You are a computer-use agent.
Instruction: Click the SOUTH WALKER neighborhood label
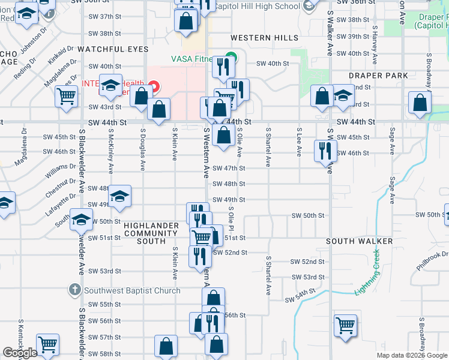point(359,241)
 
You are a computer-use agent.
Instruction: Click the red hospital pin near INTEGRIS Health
point(154,87)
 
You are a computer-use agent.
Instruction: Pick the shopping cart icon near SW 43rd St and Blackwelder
point(65,95)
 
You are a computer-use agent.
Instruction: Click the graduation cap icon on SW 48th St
point(119,196)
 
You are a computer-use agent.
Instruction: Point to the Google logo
point(20,353)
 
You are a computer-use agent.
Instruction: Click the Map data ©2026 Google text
point(412,355)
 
